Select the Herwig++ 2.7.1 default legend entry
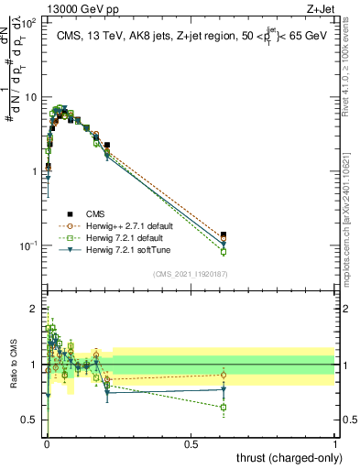click(x=119, y=224)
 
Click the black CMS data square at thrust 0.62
click(x=224, y=235)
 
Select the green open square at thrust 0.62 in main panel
click(x=224, y=252)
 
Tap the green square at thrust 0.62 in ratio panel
click(x=224, y=407)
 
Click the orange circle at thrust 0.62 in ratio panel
click(x=224, y=375)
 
